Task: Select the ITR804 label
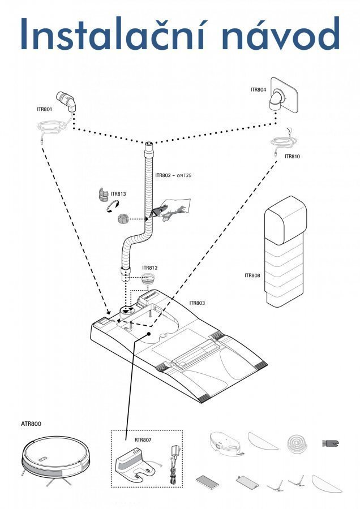(x=258, y=89)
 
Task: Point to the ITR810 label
(x=292, y=156)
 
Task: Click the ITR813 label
(x=118, y=194)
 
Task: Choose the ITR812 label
(x=149, y=268)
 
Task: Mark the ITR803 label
(x=197, y=303)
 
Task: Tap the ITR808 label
(x=252, y=275)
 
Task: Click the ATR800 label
(x=31, y=423)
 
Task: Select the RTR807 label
(x=143, y=439)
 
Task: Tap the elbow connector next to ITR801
(x=68, y=101)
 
